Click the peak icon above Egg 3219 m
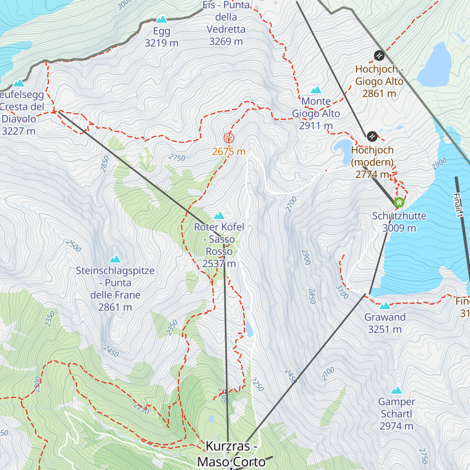(x=161, y=19)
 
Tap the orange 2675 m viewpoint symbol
(x=229, y=138)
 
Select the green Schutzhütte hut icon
(x=399, y=202)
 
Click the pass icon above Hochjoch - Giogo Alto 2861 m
(x=379, y=56)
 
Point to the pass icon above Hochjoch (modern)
(x=372, y=136)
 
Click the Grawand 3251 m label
(x=385, y=323)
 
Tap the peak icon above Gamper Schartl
(x=396, y=390)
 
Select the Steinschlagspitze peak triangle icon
(x=115, y=259)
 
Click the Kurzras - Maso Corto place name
(x=231, y=454)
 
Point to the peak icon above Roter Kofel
(x=219, y=215)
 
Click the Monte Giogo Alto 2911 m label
(x=316, y=113)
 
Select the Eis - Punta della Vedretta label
(x=226, y=23)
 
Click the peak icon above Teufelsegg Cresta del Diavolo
(x=18, y=83)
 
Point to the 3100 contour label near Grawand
(x=342, y=292)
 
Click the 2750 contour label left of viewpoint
(x=177, y=157)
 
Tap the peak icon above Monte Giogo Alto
(x=316, y=90)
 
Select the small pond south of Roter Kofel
(x=249, y=329)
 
